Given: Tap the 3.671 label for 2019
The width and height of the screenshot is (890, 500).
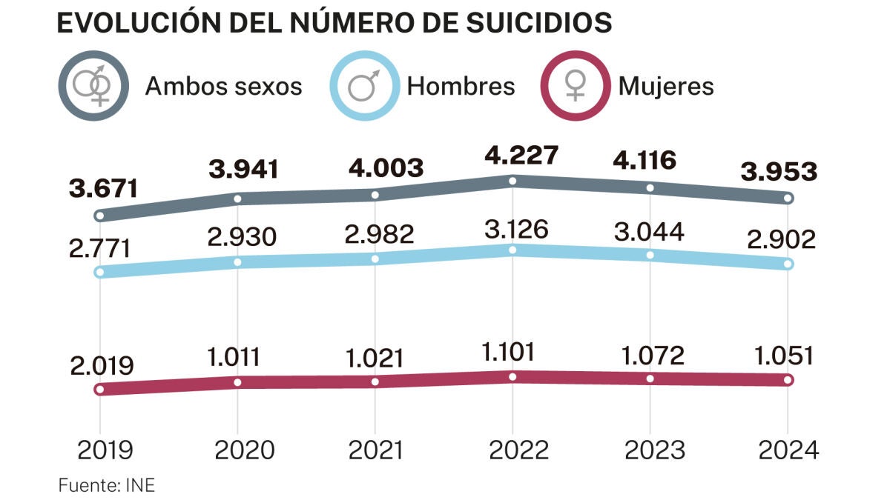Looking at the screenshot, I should pyautogui.click(x=104, y=188).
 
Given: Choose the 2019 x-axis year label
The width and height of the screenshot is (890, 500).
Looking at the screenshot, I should pyautogui.click(x=104, y=450).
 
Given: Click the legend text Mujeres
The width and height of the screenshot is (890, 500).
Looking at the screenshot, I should pyautogui.click(x=665, y=86).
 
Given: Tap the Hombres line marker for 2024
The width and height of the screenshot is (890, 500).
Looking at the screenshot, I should pyautogui.click(x=788, y=264).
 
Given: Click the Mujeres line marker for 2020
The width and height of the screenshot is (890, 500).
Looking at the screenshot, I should pyautogui.click(x=237, y=382).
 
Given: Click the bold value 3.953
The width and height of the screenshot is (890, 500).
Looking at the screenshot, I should pyautogui.click(x=779, y=172).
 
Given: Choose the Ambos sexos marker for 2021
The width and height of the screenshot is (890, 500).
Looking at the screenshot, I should pyautogui.click(x=375, y=195).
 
